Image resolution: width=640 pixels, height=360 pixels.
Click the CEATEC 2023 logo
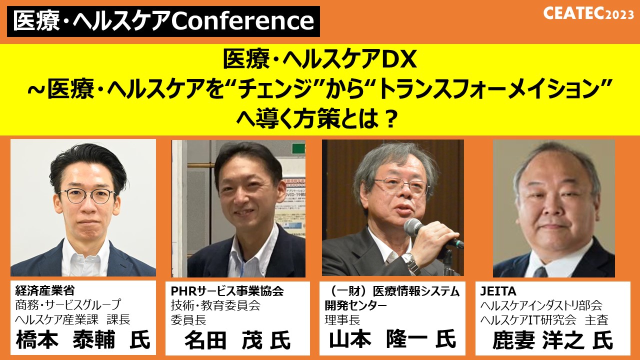(588, 13)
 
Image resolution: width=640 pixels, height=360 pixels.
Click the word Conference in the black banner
(243, 21)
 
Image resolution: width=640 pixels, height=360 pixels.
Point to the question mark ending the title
(389, 120)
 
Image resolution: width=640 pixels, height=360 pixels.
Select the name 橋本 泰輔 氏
(83, 339)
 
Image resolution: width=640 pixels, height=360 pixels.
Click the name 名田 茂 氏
(237, 340)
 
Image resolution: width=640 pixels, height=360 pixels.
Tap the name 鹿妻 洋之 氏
(553, 340)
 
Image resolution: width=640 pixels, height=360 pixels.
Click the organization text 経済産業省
(45, 290)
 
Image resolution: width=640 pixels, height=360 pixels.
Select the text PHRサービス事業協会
(227, 291)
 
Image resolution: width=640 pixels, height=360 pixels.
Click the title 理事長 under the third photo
(342, 319)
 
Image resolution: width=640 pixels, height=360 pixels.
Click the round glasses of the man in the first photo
(87, 196)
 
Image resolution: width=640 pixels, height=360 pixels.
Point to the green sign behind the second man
(298, 148)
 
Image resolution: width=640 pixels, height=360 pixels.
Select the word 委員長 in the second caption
(188, 319)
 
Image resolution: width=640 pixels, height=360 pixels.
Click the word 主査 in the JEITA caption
(596, 319)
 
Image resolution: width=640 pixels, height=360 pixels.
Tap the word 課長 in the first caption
(118, 319)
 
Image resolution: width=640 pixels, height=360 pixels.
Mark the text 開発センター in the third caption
(355, 305)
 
